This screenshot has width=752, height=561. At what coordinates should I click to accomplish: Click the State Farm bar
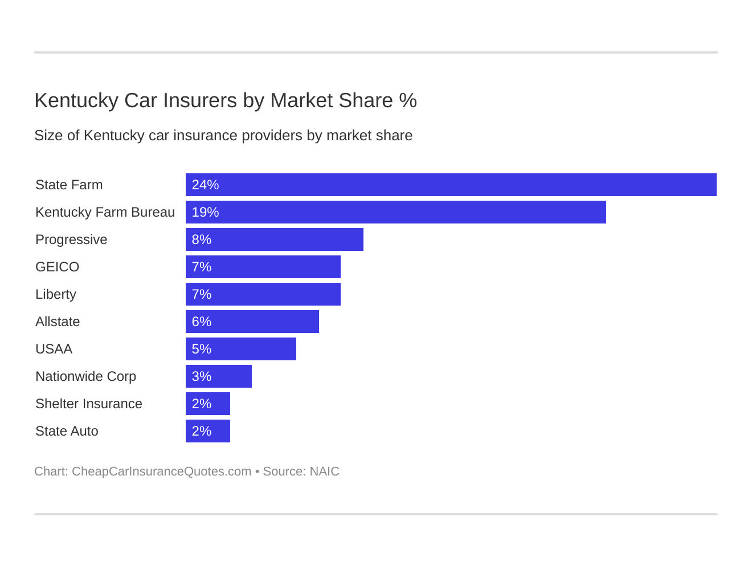(451, 185)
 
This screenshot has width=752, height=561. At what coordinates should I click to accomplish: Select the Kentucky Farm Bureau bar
(395, 212)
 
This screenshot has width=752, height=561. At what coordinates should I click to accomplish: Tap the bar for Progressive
(274, 239)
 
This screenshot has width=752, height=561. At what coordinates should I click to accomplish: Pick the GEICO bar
(263, 267)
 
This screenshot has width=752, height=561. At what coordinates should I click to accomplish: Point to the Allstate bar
(252, 322)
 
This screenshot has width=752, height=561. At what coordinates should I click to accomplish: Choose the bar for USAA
(240, 349)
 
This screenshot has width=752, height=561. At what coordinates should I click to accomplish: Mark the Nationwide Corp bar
(218, 376)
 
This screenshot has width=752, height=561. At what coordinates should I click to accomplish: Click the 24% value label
(205, 185)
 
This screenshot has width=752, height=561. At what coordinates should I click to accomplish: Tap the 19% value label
(205, 212)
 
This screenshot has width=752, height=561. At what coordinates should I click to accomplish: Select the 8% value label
(202, 239)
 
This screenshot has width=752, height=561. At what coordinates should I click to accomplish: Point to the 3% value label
(202, 376)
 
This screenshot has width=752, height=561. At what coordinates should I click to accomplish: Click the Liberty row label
(56, 294)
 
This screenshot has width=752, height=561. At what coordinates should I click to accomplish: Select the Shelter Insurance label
(89, 404)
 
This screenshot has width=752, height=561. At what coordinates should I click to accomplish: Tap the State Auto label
(67, 431)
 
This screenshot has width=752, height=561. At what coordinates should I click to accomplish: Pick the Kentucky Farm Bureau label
(105, 212)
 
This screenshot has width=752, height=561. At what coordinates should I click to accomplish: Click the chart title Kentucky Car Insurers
(226, 100)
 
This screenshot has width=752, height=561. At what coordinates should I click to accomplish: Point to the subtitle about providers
(223, 136)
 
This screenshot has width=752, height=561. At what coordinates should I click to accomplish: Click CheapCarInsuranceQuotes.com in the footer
(161, 471)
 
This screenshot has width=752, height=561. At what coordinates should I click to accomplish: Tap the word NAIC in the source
(324, 471)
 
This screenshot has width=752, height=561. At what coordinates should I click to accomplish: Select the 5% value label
(202, 349)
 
